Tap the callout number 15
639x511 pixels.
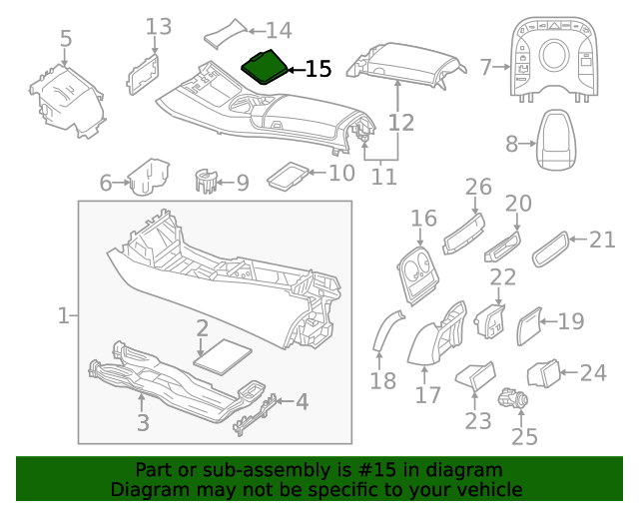click(x=318, y=69)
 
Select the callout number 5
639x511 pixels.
click(x=66, y=39)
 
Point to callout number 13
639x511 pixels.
click(x=159, y=26)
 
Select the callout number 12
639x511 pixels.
click(x=400, y=123)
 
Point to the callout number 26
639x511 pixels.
click(x=479, y=187)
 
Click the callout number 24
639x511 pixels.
click(x=593, y=373)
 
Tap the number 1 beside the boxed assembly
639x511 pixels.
click(x=63, y=316)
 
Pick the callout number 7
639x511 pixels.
click(x=487, y=67)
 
